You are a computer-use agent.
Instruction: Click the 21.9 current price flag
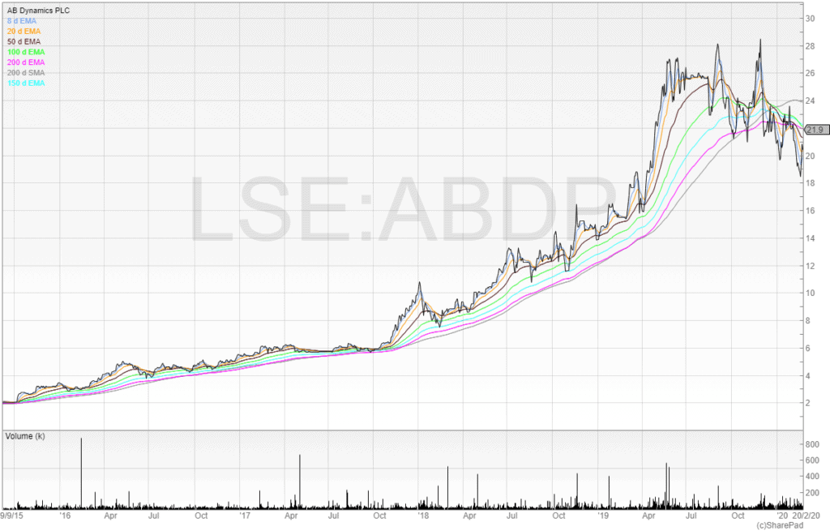815,130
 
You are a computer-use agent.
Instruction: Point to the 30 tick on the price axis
809,19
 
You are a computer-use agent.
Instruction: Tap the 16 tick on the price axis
809,211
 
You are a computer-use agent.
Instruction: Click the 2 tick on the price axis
806,403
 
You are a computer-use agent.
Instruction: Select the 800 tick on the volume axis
811,444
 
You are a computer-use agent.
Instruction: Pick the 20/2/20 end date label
806,515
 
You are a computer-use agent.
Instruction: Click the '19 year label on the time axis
602,515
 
